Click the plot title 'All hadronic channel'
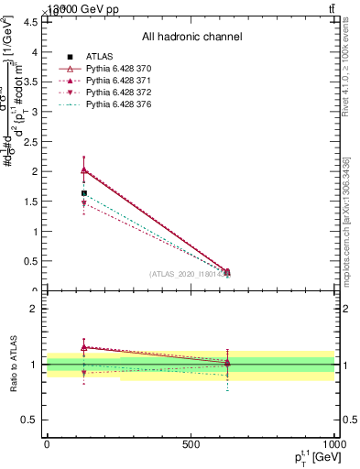[x=191, y=38]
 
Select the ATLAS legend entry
[x=99, y=57]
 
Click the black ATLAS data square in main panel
[x=84, y=193]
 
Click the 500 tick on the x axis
[x=191, y=444]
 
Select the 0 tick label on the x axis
[x=47, y=444]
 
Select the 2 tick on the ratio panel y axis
[x=33, y=309]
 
